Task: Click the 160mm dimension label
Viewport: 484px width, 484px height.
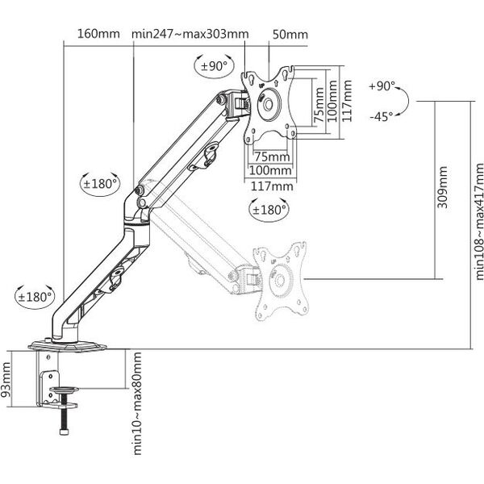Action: [x=98, y=34]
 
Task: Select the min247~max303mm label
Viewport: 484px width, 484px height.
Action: [x=190, y=34]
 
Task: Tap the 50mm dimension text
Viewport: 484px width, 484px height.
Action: [x=290, y=35]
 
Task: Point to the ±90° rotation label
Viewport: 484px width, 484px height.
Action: [x=214, y=66]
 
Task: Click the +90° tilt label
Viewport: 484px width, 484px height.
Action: [x=382, y=86]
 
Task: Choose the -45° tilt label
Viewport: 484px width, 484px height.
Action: [x=382, y=117]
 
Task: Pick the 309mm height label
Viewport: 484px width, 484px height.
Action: [x=442, y=187]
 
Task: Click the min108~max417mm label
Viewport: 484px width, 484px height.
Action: [x=478, y=222]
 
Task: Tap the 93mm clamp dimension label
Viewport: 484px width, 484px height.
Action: [x=6, y=380]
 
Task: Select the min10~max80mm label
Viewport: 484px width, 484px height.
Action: [x=137, y=403]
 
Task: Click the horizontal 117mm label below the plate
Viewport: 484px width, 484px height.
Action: [x=272, y=186]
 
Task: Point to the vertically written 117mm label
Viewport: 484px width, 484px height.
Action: [x=347, y=101]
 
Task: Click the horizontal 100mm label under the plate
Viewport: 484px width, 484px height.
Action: [x=270, y=170]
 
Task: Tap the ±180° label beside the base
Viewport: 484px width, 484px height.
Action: [x=35, y=297]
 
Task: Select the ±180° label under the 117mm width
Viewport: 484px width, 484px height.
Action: [x=269, y=210]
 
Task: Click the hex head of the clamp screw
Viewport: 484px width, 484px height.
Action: [x=64, y=432]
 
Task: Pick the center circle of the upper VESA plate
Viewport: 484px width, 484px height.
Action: [x=268, y=104]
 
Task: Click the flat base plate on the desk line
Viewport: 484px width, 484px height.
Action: [x=67, y=346]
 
